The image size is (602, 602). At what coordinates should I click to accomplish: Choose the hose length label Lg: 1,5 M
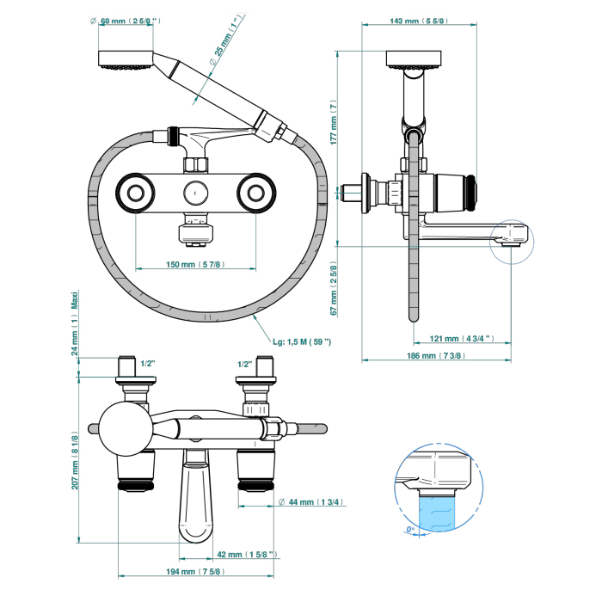pyautogui.click(x=302, y=341)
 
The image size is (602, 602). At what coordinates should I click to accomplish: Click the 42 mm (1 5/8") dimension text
pyautogui.click(x=247, y=554)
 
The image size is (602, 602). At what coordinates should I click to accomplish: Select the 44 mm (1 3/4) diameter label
pyautogui.click(x=311, y=501)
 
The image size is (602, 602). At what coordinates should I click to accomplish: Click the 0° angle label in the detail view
pyautogui.click(x=411, y=529)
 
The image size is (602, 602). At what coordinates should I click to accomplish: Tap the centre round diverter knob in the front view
pyautogui.click(x=195, y=193)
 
